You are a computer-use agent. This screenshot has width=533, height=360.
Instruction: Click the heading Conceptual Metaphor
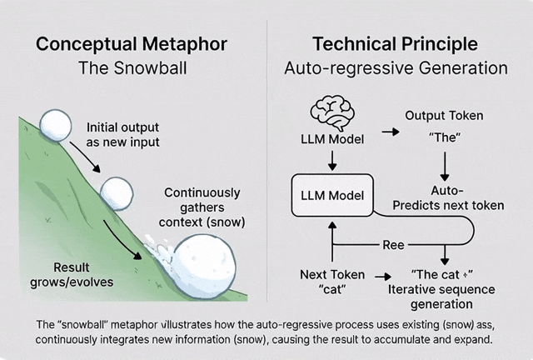point(133,43)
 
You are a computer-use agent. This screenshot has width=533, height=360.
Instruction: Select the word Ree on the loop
point(393,246)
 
